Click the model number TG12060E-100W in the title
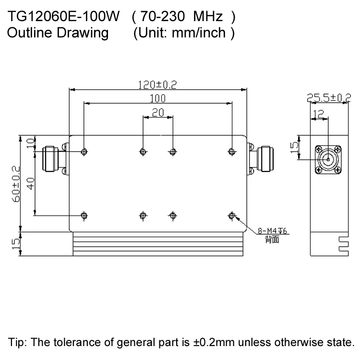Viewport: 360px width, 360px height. [63, 18]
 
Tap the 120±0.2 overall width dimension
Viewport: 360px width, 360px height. [158, 84]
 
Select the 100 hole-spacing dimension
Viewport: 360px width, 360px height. [157, 98]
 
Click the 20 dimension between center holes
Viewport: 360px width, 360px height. [157, 113]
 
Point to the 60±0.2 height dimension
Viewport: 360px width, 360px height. [15, 183]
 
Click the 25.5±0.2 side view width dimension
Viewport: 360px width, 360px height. [329, 98]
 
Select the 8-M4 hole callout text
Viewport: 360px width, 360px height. [272, 231]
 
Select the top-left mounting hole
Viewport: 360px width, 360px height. [84, 152]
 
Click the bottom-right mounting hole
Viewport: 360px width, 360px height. [232, 215]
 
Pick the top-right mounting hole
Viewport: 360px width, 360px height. [232, 152]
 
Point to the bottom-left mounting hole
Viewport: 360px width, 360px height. [84, 215]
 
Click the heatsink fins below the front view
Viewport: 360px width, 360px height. [157, 245]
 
